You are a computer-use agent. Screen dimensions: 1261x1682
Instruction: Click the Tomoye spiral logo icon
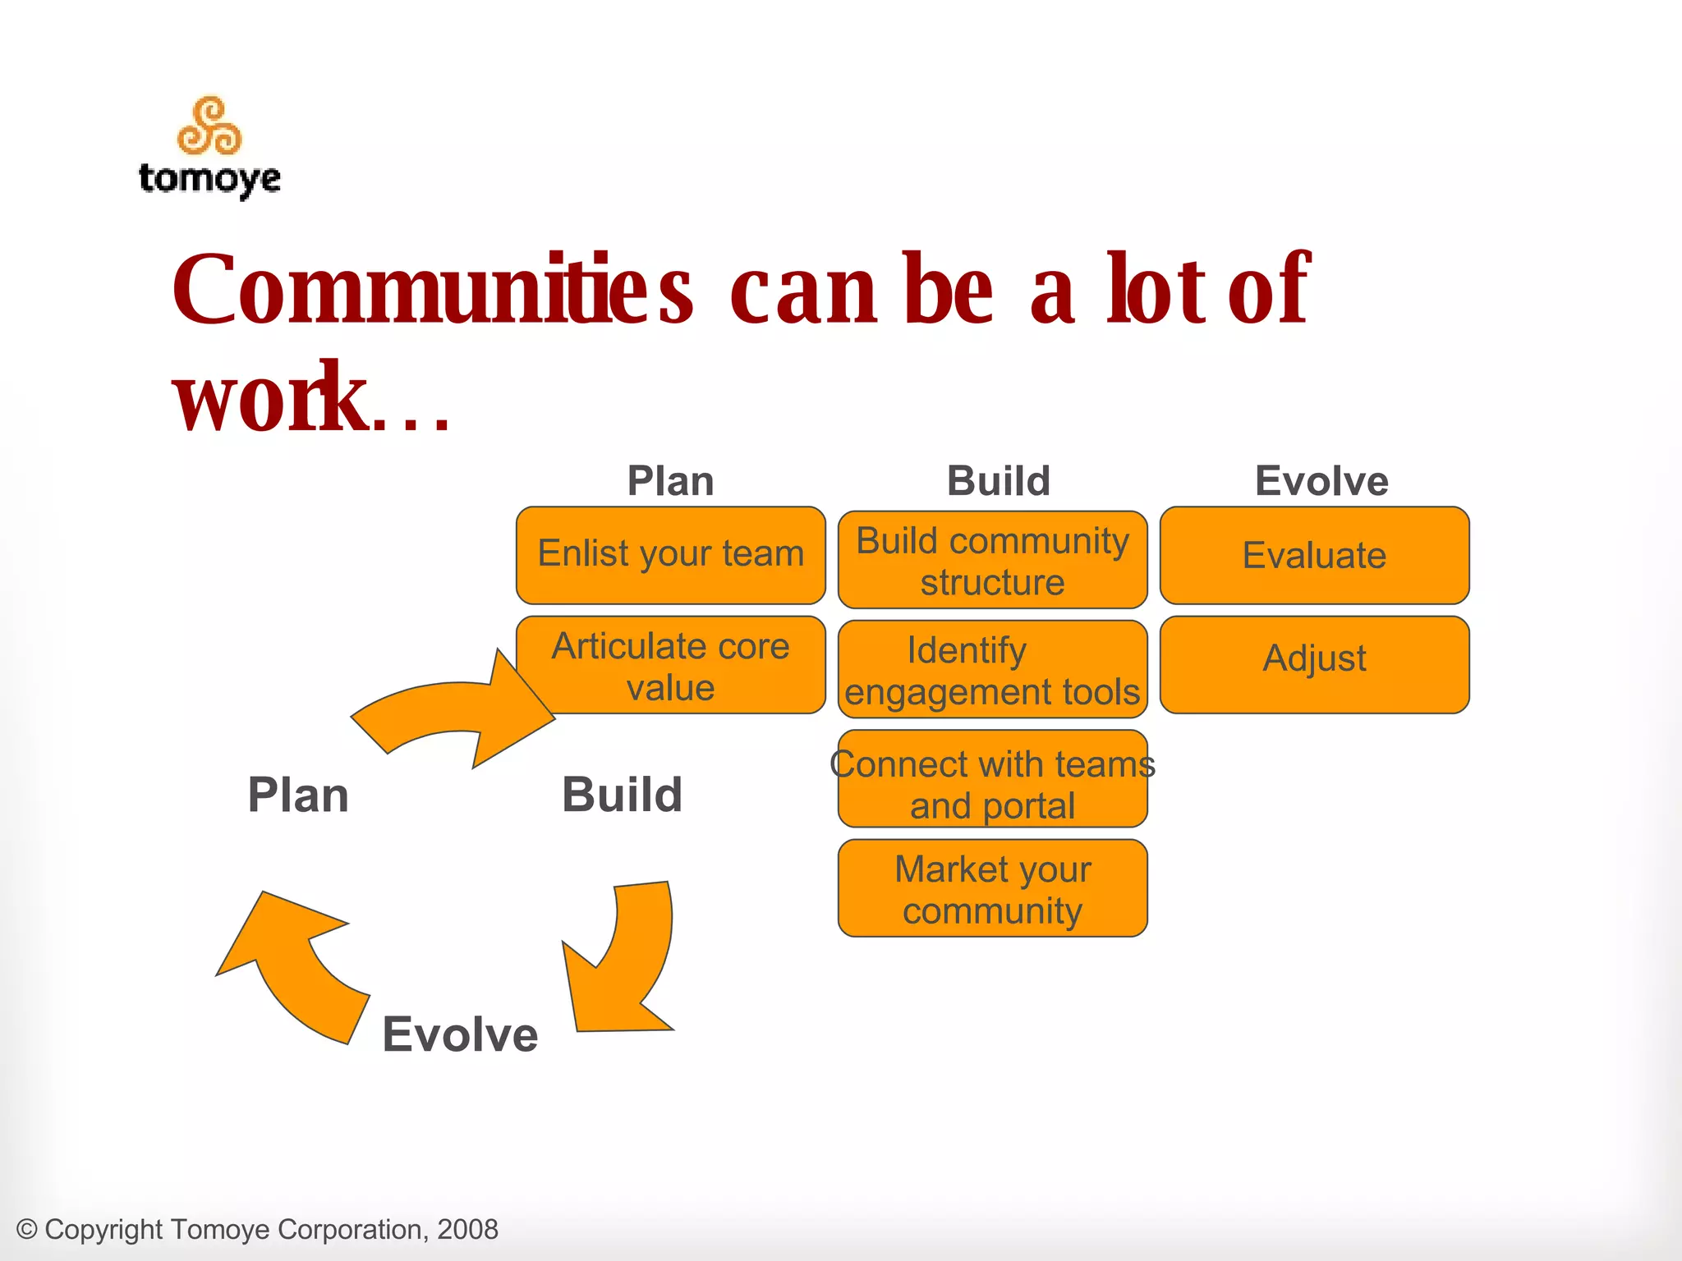[x=210, y=126]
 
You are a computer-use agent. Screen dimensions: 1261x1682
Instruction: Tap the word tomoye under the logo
[x=210, y=178]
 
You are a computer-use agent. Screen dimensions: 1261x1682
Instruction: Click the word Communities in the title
[x=432, y=289]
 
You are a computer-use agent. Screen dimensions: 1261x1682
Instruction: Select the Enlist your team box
[x=670, y=554]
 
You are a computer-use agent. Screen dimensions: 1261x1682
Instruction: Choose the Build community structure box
[x=992, y=560]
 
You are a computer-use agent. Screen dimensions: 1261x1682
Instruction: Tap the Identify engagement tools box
[x=992, y=670]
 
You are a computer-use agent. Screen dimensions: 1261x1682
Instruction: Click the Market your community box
[x=992, y=888]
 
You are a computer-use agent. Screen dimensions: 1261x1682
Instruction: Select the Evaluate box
[x=1314, y=555]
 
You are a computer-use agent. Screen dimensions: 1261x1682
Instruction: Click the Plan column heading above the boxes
[x=670, y=481]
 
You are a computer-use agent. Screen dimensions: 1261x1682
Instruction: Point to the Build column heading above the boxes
[x=999, y=481]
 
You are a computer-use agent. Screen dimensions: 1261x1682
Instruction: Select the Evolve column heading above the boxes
[x=1321, y=481]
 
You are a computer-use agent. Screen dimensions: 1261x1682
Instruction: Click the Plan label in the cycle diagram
[x=298, y=796]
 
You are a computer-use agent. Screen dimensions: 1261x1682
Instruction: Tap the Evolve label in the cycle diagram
[x=460, y=1034]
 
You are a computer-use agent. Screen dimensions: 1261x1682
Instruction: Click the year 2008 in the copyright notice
[x=467, y=1229]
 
